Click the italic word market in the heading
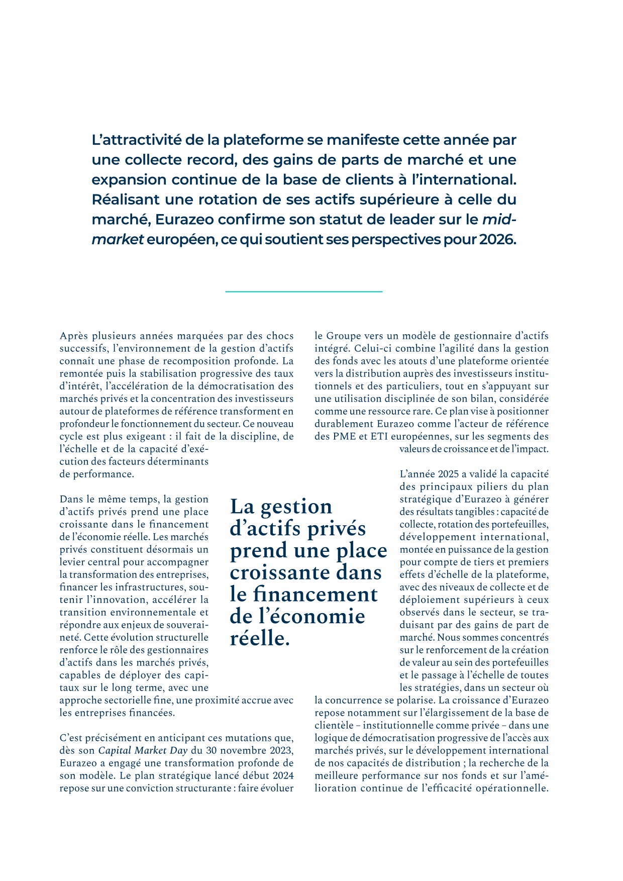coord(118,240)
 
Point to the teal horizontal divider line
coord(303,291)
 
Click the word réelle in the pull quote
coord(260,638)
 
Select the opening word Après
coord(73,336)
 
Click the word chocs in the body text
coord(280,336)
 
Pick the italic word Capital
coord(117,751)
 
